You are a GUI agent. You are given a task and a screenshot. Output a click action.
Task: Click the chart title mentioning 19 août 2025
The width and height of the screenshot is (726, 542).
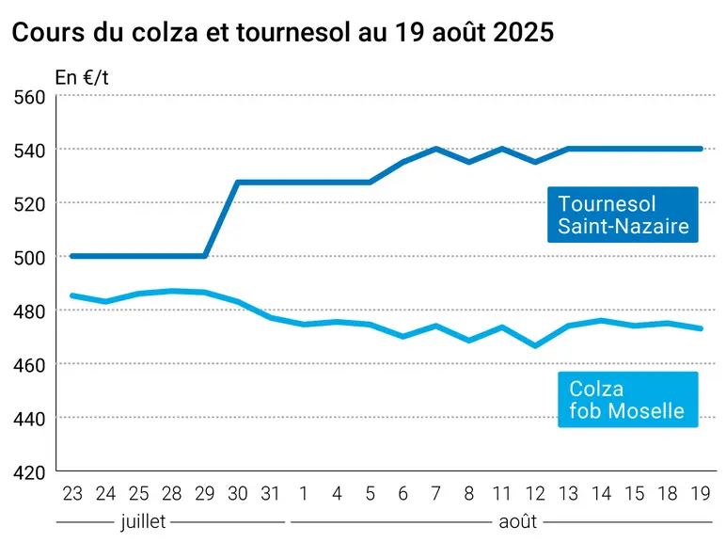[x=283, y=32]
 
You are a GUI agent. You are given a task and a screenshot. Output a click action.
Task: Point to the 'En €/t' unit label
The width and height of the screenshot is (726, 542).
[x=82, y=78]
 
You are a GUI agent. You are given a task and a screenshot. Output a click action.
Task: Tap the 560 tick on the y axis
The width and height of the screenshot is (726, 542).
[x=30, y=98]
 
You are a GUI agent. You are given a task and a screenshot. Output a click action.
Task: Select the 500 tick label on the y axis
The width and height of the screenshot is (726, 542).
[x=30, y=258]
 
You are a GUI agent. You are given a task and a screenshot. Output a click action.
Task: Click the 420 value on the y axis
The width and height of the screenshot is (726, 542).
[x=30, y=473]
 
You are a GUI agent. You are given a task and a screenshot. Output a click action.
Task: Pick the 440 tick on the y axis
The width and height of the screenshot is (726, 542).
[x=30, y=420]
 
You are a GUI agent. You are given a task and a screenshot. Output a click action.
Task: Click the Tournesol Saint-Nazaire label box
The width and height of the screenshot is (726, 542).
[x=623, y=215]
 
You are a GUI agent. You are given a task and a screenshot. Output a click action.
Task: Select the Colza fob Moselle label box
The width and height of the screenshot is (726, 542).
[x=628, y=399]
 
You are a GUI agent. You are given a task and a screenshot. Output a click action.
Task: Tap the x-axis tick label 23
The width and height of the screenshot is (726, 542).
[x=72, y=494]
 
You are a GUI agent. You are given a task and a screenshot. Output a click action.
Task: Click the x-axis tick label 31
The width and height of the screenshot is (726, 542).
[x=271, y=494]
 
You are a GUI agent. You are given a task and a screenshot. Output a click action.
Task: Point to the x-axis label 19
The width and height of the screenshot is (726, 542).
[x=701, y=494]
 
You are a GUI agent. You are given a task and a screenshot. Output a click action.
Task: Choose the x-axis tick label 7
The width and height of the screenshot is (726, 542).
[x=436, y=494]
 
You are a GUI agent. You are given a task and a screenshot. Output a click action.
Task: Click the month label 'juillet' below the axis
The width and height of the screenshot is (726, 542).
[x=143, y=521]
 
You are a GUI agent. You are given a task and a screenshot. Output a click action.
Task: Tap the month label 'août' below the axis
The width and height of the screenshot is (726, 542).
[x=517, y=521]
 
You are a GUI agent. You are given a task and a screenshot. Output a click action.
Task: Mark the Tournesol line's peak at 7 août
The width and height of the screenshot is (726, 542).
[x=436, y=149]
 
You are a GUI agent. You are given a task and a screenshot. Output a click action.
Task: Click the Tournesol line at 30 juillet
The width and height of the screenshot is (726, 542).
[x=238, y=183]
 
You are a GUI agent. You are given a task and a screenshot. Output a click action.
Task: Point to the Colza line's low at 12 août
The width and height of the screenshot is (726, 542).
[x=535, y=346]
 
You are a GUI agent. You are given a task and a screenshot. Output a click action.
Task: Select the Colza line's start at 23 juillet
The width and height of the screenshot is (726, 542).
[x=72, y=295]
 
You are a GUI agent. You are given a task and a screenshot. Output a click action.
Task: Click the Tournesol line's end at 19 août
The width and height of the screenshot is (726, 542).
[x=701, y=149]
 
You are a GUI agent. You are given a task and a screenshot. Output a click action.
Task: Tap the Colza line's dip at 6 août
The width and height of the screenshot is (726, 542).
[x=403, y=336]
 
